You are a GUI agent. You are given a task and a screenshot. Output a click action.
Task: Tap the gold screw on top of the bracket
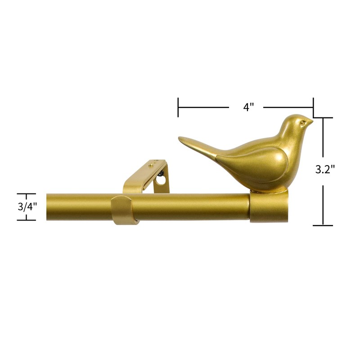151,166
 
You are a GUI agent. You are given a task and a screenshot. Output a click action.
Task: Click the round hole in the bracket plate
161,180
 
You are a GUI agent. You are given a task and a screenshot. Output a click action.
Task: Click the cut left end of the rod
47,207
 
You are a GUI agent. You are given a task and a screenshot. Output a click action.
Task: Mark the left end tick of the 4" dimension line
178,107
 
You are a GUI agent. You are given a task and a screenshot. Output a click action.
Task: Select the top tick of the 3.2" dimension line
323,118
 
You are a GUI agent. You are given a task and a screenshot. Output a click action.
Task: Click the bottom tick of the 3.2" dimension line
323,225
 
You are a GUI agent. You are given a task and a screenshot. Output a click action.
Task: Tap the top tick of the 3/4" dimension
26,194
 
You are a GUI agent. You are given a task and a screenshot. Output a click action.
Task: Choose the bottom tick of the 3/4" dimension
26,220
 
